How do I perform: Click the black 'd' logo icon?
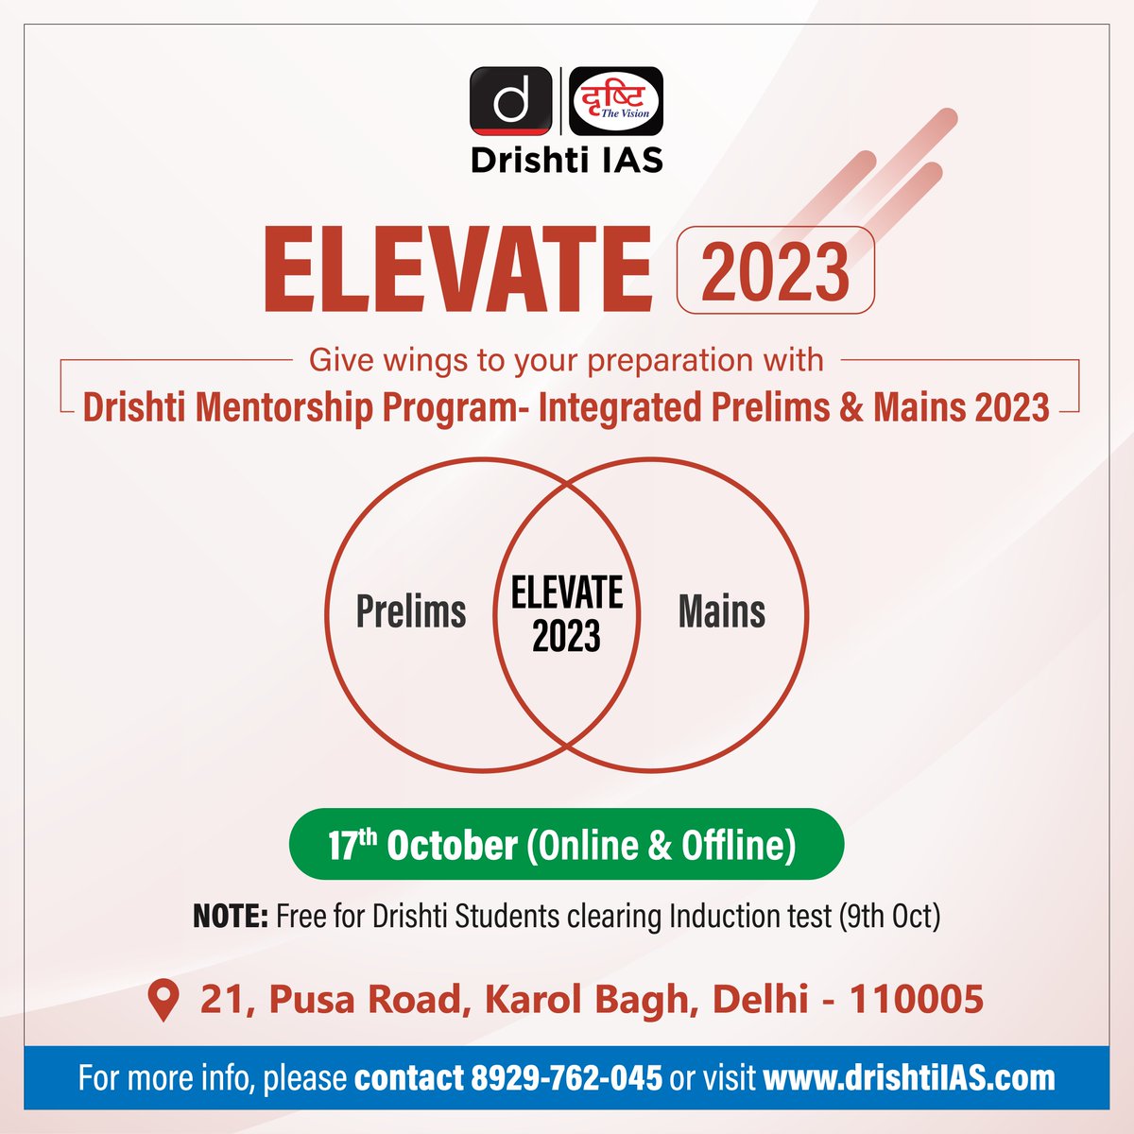(510, 100)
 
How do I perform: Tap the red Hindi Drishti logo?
(618, 100)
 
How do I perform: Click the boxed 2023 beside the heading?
(776, 271)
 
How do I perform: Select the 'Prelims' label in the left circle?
(411, 611)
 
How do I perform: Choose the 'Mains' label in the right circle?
(722, 611)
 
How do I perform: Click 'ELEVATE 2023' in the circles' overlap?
(567, 614)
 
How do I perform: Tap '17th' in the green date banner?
(352, 844)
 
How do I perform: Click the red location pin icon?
(164, 1000)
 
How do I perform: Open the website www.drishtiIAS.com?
(909, 1078)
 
